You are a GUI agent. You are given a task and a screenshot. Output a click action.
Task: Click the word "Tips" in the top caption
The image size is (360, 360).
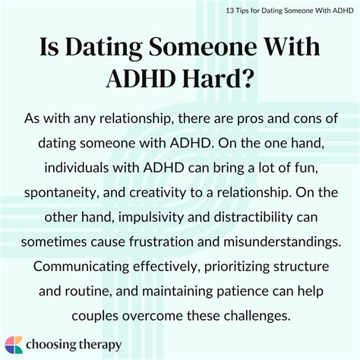click(243, 11)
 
